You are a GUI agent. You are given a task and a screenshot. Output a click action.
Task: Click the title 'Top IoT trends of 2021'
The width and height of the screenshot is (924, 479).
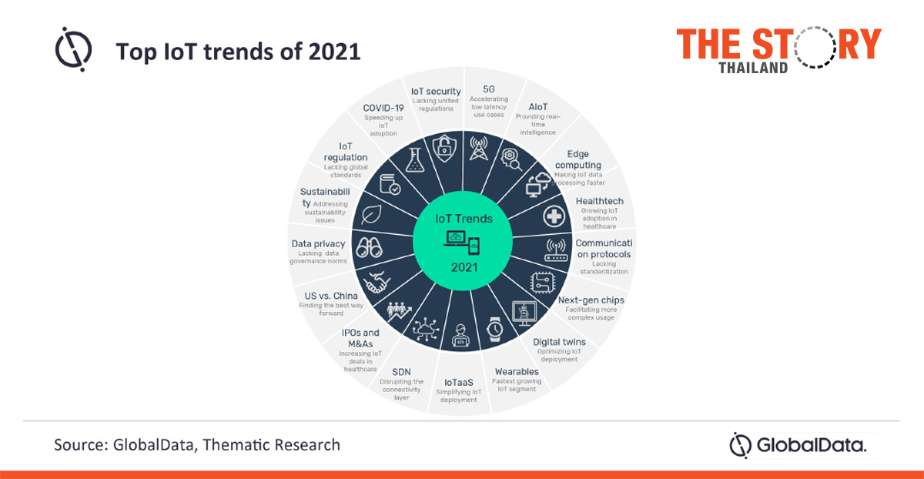[237, 52]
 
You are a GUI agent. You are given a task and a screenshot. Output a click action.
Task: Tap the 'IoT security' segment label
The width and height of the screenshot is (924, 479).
[436, 92]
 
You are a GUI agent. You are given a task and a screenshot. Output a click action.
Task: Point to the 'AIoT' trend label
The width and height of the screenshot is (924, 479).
[537, 106]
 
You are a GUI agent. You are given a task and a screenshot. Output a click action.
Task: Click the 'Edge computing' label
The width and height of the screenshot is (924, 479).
[583, 159]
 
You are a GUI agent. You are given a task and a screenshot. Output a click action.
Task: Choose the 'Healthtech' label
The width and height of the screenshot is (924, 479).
[600, 201]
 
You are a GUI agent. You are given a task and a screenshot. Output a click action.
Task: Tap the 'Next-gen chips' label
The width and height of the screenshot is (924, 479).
[591, 300]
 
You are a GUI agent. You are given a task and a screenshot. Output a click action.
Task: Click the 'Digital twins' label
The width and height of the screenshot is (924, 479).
[559, 341]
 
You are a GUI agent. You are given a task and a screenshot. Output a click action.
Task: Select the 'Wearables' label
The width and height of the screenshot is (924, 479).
[517, 371]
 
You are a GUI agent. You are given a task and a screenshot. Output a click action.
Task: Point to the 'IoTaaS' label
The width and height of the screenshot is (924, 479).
[458, 381]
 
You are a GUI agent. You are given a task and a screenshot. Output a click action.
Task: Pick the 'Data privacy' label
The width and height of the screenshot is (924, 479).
[318, 243]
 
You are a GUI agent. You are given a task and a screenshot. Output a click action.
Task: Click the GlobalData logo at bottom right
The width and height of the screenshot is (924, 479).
[798, 445]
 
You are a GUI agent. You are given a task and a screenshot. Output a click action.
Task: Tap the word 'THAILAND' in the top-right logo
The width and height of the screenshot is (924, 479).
[753, 67]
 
